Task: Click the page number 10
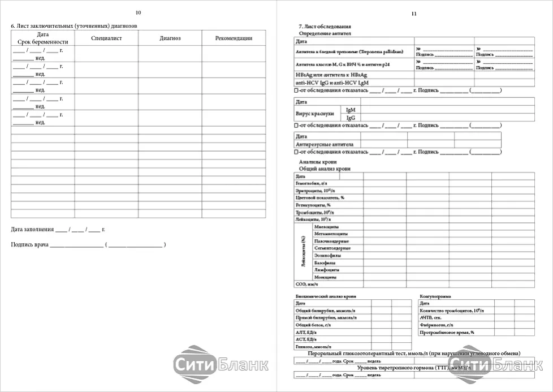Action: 139,12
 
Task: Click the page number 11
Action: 414,14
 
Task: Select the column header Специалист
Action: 106,38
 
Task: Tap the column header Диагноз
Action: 170,38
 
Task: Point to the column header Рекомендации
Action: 234,38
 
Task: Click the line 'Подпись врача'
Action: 30,245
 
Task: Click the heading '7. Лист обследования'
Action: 325,27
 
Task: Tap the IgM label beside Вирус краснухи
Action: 351,110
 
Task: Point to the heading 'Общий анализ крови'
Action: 324,169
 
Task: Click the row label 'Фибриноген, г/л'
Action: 437,325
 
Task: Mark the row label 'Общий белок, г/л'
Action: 313,325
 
